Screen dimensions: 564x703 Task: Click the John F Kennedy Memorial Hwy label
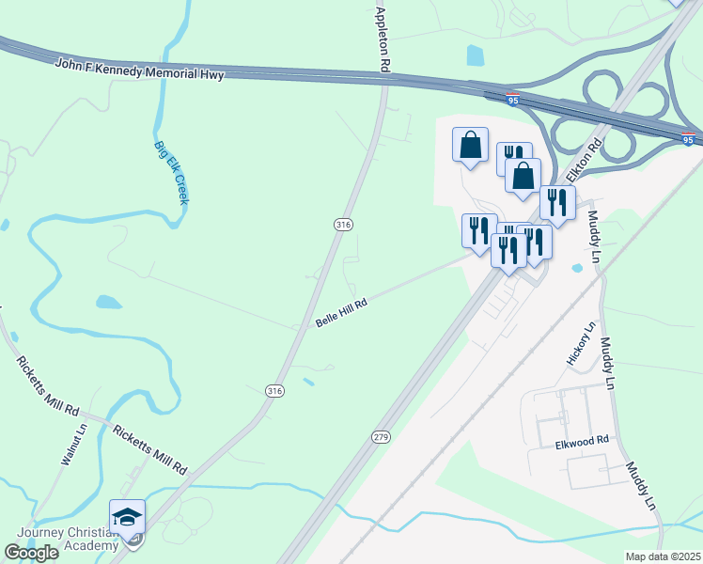coord(140,69)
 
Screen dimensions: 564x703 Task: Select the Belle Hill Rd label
coord(340,312)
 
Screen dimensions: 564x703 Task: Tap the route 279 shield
coord(380,437)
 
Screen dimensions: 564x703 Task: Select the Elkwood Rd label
coord(583,440)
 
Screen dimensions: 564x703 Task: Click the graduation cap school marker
coord(128,517)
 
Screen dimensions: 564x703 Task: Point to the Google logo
coord(32,552)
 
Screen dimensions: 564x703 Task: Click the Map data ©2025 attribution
coord(664,556)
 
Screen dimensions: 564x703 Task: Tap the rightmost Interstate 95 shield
coord(689,140)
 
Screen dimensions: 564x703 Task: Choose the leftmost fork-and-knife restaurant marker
coord(479,229)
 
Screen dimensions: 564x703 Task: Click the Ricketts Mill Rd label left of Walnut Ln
coord(46,386)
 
